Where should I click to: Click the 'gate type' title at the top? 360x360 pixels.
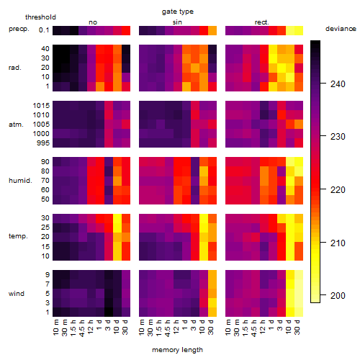(178, 12)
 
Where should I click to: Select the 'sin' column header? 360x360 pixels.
(177, 22)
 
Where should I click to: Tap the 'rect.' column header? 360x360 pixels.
(261, 22)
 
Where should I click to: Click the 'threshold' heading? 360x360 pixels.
(40, 17)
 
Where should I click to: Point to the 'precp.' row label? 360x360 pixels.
(19, 29)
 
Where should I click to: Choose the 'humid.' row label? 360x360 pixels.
(20, 180)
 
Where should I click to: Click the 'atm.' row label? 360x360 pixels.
(16, 125)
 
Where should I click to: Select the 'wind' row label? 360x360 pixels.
(17, 293)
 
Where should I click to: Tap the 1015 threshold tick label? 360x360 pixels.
(41, 105)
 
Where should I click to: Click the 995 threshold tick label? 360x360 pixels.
(43, 143)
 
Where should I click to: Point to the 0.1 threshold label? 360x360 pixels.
(44, 30)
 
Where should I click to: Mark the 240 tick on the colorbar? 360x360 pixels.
(338, 84)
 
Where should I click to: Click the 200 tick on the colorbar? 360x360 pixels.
(338, 295)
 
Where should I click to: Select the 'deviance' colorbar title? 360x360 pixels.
(341, 29)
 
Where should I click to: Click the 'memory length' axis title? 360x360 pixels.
(178, 350)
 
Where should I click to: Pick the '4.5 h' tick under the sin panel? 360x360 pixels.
(168, 328)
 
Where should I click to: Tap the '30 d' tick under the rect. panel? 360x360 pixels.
(297, 327)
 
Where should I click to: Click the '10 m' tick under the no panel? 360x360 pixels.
(55, 328)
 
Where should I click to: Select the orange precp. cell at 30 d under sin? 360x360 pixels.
(212, 30)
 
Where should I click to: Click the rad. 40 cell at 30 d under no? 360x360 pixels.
(126, 49)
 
